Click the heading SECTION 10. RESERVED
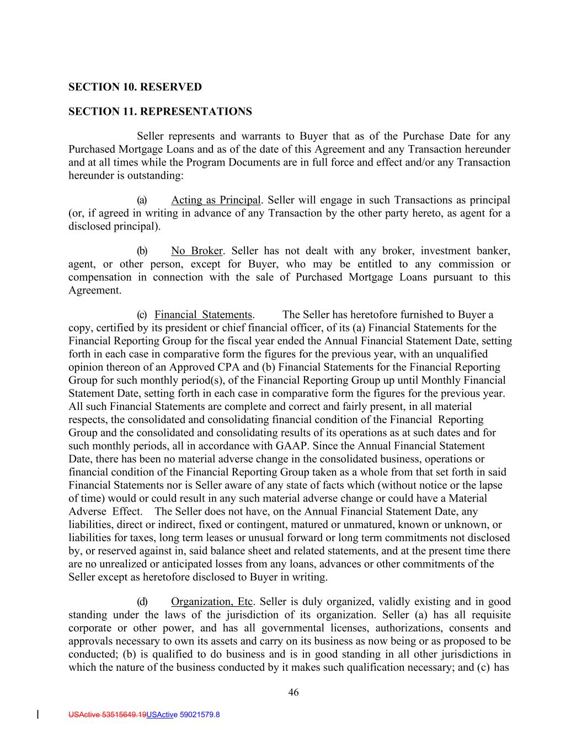point(135,87)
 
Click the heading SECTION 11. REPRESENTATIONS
point(160,112)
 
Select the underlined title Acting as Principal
point(215,200)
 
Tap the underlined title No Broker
point(196,251)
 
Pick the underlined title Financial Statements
point(204,315)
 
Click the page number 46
point(293,693)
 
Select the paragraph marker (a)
point(142,200)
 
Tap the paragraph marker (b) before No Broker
point(142,251)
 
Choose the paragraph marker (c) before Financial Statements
point(142,315)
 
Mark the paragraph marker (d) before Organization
point(142,602)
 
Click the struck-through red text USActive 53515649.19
point(108,715)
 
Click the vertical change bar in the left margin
point(37,715)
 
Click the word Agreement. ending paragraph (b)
point(95,291)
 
